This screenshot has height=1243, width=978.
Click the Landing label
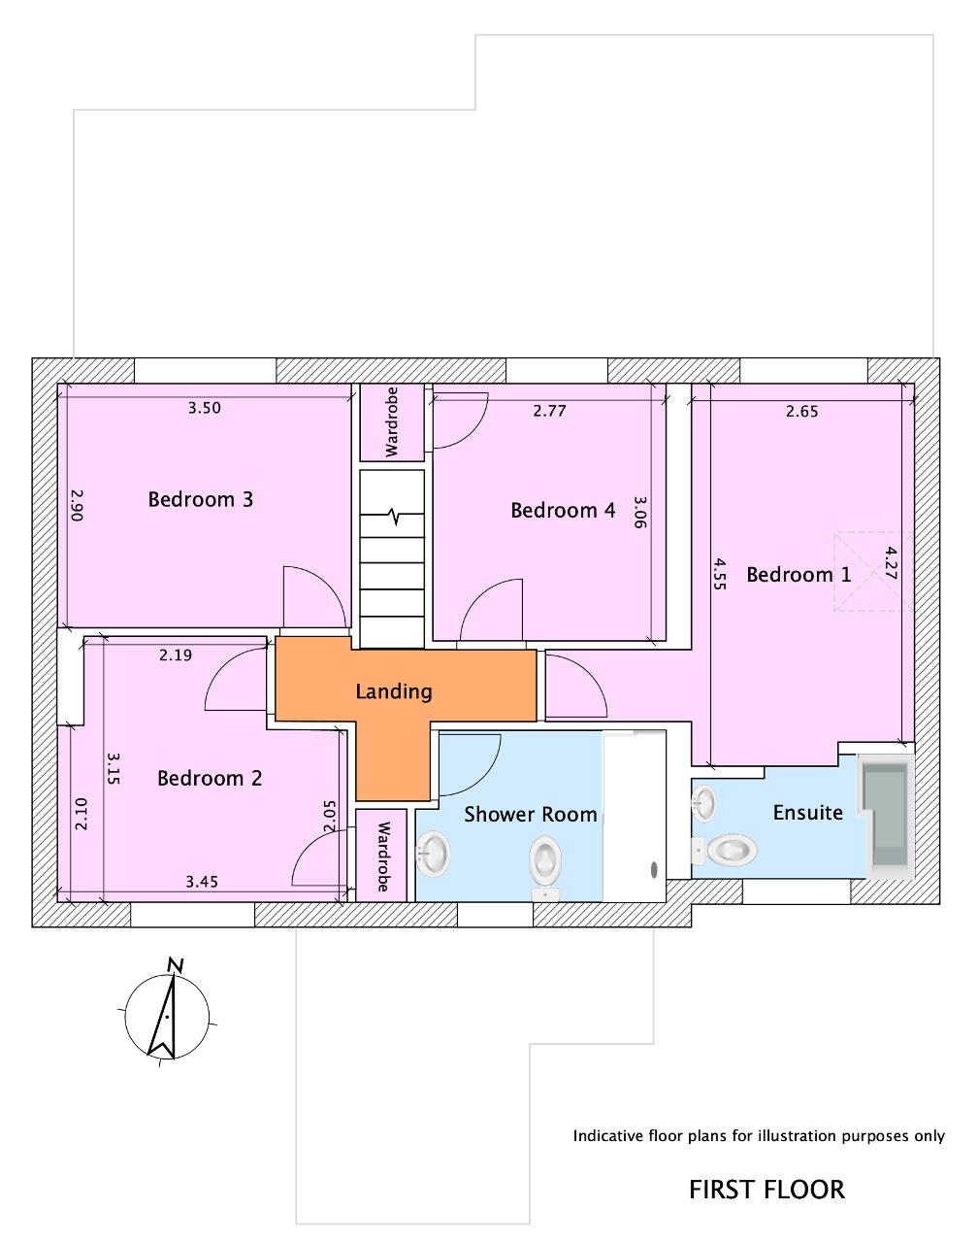(x=394, y=691)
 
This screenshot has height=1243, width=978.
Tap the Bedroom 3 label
(x=200, y=499)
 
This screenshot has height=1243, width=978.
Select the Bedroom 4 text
(x=563, y=510)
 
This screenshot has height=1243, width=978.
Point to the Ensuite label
(x=807, y=813)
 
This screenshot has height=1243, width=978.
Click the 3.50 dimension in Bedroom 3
(x=205, y=408)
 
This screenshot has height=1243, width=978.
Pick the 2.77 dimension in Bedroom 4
(x=549, y=411)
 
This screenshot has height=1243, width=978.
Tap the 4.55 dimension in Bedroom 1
(x=719, y=573)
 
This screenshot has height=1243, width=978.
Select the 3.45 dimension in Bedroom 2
(x=202, y=882)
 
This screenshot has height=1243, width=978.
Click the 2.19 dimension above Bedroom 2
(x=176, y=655)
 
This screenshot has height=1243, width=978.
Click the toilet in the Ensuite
(x=725, y=851)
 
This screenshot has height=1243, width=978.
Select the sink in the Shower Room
(x=433, y=854)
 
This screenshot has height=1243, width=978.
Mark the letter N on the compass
(x=175, y=964)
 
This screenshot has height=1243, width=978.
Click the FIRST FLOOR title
(x=766, y=1190)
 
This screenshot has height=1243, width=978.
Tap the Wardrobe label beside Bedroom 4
(x=391, y=422)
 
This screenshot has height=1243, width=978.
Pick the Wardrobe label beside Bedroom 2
(x=383, y=857)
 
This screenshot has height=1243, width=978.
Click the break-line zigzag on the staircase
(x=394, y=516)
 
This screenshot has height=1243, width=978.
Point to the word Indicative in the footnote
(x=608, y=1136)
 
